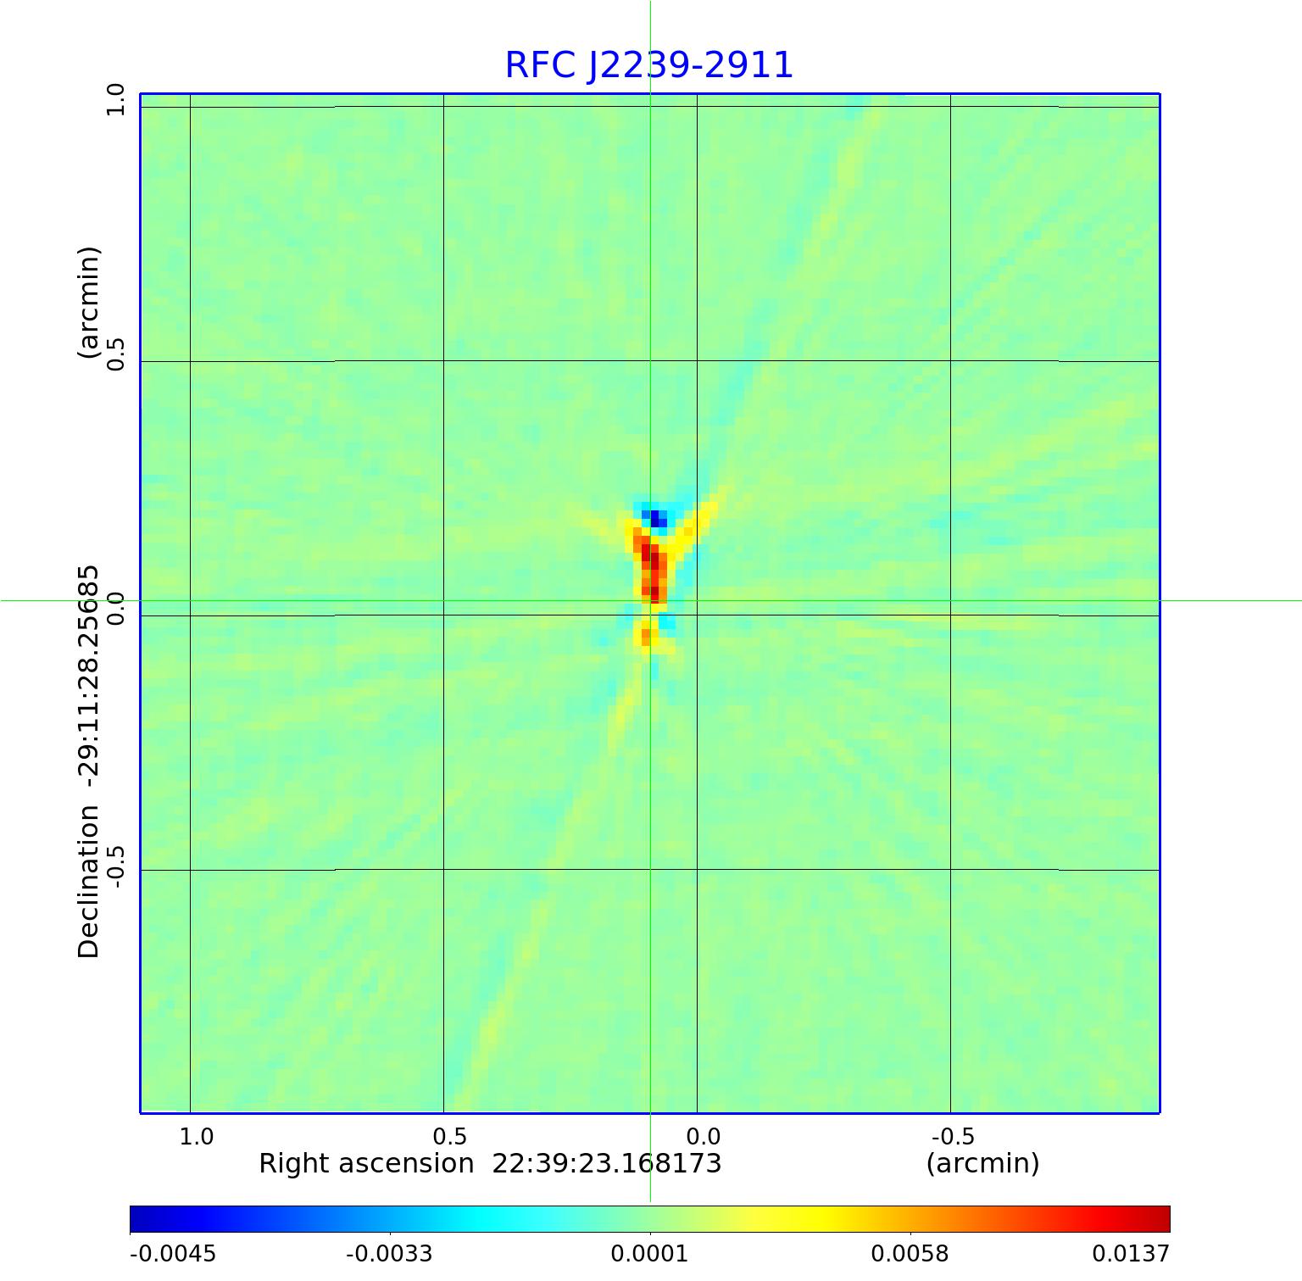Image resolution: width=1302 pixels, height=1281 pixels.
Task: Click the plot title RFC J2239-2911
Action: click(x=648, y=65)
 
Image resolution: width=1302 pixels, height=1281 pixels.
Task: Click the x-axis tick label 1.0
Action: click(x=197, y=1137)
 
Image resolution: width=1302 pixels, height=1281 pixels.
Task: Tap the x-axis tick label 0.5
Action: click(x=450, y=1137)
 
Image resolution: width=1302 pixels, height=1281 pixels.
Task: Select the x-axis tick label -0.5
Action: click(x=953, y=1137)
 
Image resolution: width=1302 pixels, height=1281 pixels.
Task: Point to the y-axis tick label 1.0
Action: click(x=115, y=100)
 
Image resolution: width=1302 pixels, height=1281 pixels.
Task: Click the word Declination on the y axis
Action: click(x=89, y=882)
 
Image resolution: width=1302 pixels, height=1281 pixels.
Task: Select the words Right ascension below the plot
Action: click(x=365, y=1164)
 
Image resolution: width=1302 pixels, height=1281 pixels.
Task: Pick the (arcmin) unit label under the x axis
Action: click(x=982, y=1164)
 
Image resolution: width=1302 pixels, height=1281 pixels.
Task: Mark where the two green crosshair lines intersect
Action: click(x=650, y=601)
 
